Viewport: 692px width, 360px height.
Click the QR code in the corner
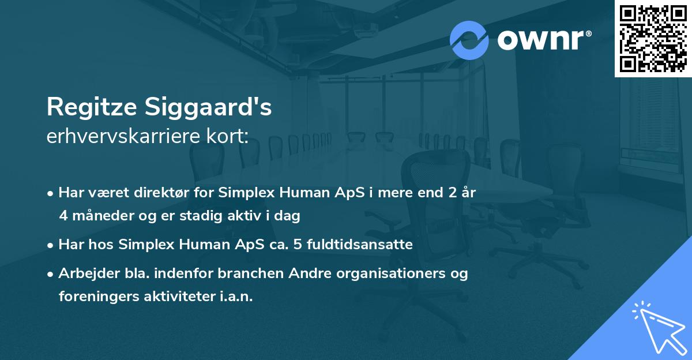tap(653, 39)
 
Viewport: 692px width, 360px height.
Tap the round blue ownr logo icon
tap(469, 40)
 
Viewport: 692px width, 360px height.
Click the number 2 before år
tap(443, 193)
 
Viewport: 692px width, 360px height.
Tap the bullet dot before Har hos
tap(51, 245)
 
